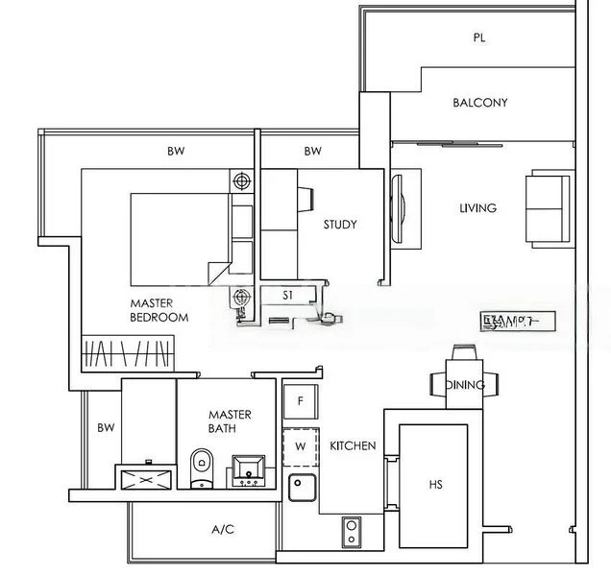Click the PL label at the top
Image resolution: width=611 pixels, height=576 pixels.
pyautogui.click(x=478, y=38)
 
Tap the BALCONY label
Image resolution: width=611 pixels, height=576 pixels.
pyautogui.click(x=480, y=103)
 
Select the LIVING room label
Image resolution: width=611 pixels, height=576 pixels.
pyautogui.click(x=477, y=208)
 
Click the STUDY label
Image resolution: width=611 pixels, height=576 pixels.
pyautogui.click(x=339, y=225)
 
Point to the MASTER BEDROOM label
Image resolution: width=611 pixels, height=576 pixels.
pyautogui.click(x=159, y=310)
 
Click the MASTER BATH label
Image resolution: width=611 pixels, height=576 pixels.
pyautogui.click(x=230, y=421)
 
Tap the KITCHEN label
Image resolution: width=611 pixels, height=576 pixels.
pyautogui.click(x=353, y=446)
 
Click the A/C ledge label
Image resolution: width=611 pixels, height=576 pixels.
pyautogui.click(x=222, y=529)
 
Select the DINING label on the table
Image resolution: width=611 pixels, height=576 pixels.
pyautogui.click(x=465, y=385)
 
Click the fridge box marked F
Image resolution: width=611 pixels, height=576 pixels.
pyautogui.click(x=301, y=400)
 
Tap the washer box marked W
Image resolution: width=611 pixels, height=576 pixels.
pyautogui.click(x=301, y=446)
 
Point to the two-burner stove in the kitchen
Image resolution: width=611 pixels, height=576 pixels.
pyautogui.click(x=351, y=528)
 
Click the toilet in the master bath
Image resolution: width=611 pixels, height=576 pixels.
pyautogui.click(x=202, y=468)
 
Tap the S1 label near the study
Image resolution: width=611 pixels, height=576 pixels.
pyautogui.click(x=287, y=296)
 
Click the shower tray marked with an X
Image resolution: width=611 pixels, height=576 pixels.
pyautogui.click(x=145, y=477)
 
